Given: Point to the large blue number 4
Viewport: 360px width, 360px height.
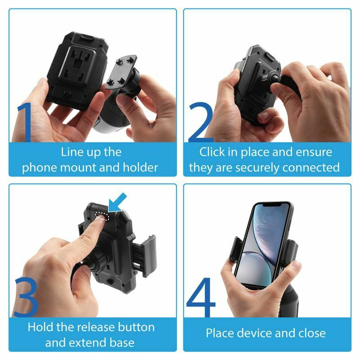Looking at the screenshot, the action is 201,297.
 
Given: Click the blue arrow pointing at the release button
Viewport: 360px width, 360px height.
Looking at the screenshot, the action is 117,202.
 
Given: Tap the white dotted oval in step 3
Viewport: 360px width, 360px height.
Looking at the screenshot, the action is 102,216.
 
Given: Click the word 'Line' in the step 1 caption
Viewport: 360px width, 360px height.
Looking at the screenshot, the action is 70,152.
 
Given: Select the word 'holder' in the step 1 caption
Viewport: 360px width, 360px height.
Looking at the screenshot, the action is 140,167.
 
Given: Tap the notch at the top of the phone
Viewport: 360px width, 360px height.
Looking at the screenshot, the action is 273,204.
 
